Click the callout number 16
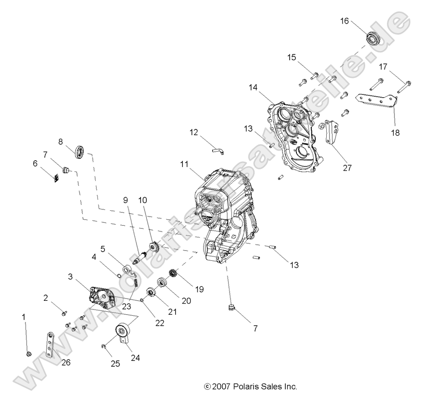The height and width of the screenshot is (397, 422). click(344, 21)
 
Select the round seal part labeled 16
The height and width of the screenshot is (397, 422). click(373, 38)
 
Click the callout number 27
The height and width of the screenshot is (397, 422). click(347, 168)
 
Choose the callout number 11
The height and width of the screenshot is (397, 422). click(184, 164)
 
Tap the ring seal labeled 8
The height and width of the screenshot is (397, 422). click(80, 152)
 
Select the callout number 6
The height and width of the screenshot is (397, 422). click(35, 164)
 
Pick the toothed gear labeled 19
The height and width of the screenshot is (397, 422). click(171, 275)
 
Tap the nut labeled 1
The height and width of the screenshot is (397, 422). click(28, 355)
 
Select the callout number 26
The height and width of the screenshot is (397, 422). click(66, 362)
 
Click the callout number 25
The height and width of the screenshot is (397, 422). click(115, 364)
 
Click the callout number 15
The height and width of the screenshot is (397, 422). click(292, 58)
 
